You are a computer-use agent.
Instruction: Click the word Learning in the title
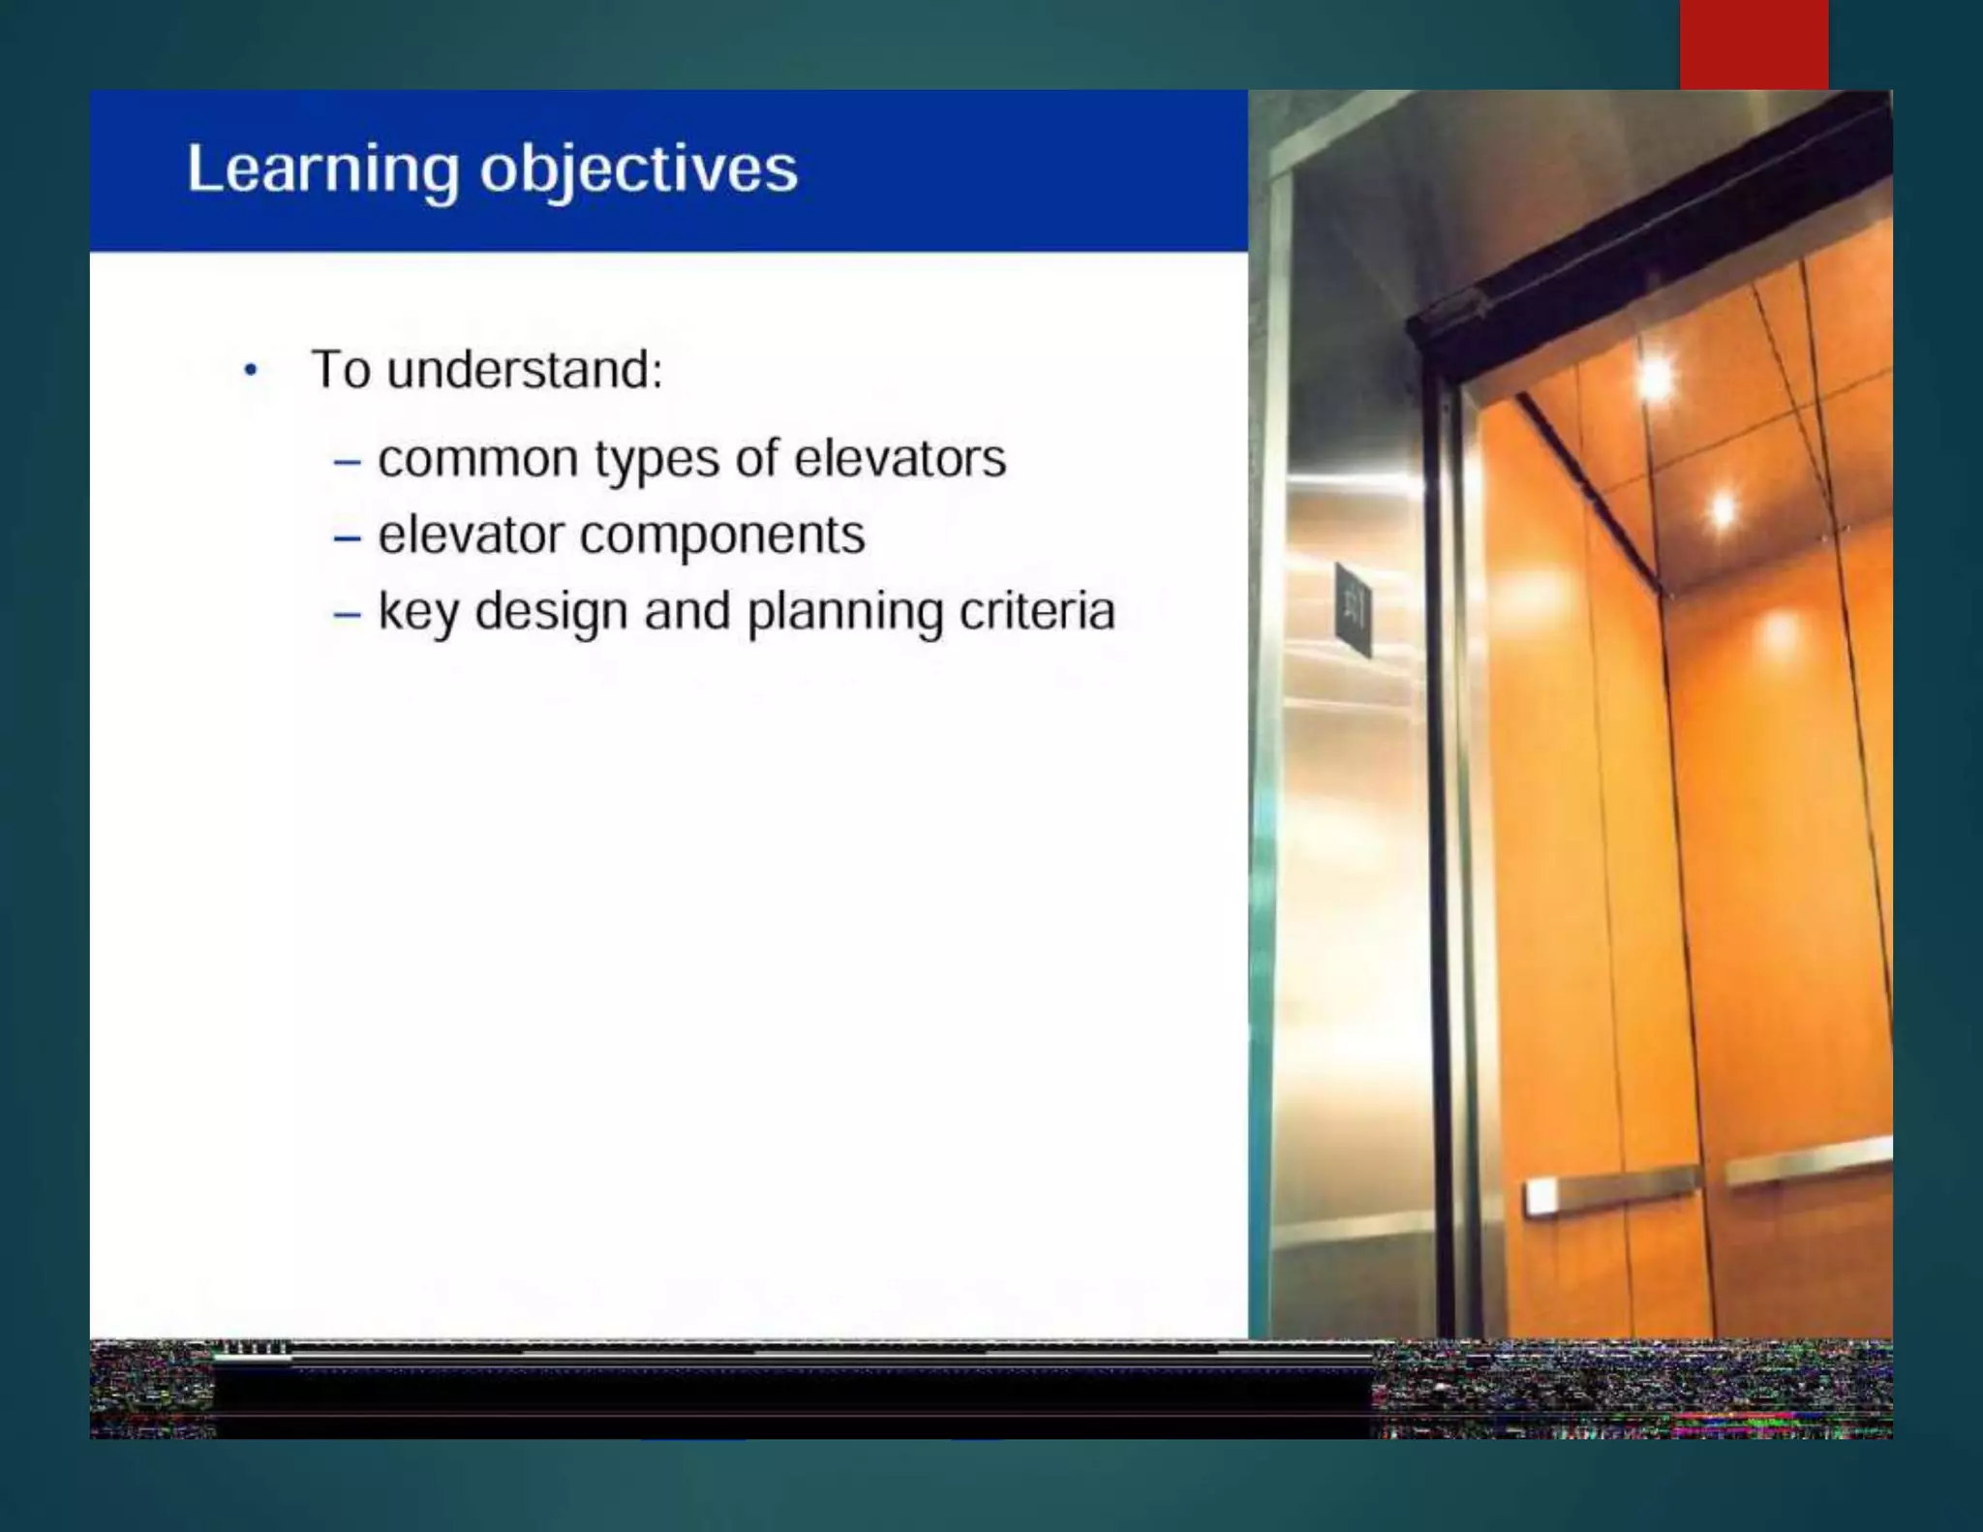[322, 170]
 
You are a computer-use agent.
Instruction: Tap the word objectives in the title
[638, 170]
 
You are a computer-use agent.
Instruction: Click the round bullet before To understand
[251, 370]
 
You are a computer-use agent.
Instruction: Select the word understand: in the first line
[524, 370]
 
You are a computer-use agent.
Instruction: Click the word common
[477, 459]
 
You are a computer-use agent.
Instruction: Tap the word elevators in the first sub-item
[900, 459]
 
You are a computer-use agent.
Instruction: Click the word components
[721, 536]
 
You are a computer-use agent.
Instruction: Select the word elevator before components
[471, 536]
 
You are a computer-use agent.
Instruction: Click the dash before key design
[347, 614]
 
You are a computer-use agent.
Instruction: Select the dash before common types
[347, 462]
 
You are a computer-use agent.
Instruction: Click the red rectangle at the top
[1754, 44]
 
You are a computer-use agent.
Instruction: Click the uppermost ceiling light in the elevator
[1657, 378]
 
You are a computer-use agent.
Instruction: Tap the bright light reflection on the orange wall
[1779, 634]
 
